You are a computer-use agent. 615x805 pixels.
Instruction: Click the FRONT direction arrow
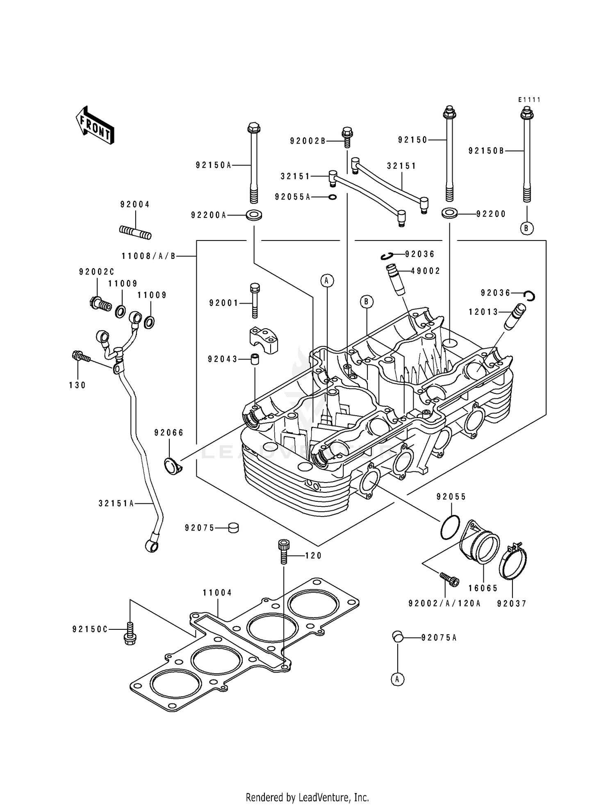tap(94, 125)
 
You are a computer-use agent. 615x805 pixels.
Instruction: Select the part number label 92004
tap(135, 204)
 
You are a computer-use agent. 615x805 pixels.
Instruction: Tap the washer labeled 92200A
tap(254, 215)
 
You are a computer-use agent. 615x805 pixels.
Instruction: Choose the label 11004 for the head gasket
tap(217, 593)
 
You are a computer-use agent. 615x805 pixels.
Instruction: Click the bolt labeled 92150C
tap(130, 634)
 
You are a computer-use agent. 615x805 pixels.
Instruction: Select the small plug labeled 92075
tap(233, 528)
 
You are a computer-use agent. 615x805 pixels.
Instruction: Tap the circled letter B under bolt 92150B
tap(527, 228)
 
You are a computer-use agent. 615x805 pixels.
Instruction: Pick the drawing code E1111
tap(529, 100)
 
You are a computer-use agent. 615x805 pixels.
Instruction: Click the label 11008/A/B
tap(148, 256)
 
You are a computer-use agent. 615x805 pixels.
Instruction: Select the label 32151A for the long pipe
tap(116, 503)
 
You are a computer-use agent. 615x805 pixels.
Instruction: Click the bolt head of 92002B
tap(347, 133)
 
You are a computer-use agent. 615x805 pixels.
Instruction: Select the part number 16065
tap(483, 588)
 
